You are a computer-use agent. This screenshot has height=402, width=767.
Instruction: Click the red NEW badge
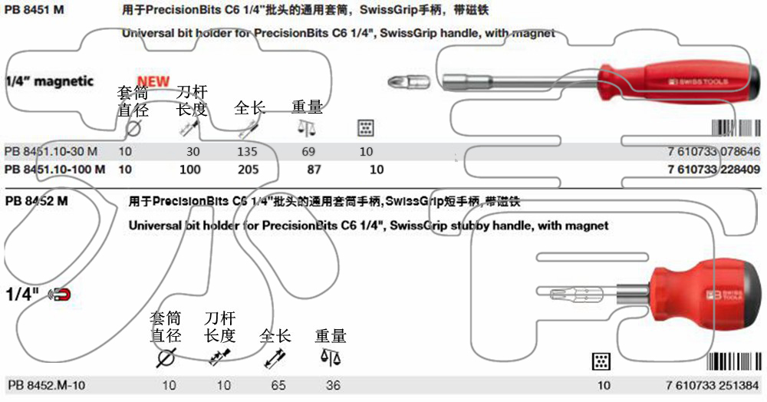click(153, 81)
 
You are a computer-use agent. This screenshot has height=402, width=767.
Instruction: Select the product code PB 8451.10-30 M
click(51, 152)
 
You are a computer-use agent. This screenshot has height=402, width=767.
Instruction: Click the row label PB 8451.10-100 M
click(54, 170)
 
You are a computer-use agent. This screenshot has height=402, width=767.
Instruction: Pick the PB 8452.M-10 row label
click(46, 385)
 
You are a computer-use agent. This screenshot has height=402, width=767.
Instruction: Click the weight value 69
click(309, 152)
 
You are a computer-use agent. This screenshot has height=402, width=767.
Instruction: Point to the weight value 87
click(314, 170)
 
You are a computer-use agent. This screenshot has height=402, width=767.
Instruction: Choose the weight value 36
click(332, 385)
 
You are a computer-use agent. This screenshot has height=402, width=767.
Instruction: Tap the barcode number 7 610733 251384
click(713, 385)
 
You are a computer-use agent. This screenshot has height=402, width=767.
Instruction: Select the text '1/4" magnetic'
click(49, 81)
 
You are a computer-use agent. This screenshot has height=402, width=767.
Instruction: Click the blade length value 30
click(193, 152)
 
